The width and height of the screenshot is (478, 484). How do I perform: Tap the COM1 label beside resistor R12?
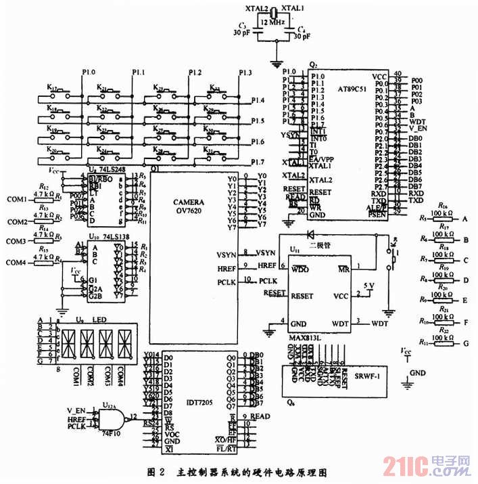(16, 199)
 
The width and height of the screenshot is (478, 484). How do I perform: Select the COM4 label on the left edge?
(16, 262)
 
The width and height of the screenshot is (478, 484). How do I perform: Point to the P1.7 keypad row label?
(258, 162)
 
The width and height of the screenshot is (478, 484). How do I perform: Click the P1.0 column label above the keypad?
(89, 72)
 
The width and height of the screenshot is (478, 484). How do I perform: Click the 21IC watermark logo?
(426, 466)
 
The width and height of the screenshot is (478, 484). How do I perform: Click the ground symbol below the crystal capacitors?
(274, 65)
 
